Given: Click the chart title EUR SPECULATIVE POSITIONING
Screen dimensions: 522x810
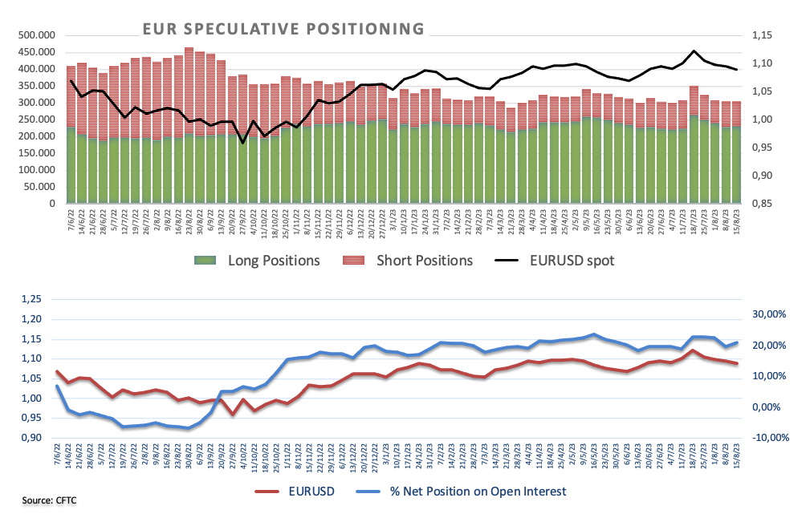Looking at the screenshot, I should [283, 29].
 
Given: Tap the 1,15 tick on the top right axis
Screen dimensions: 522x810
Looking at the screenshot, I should [760, 35].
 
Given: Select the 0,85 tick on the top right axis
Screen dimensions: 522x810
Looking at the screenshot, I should [760, 204].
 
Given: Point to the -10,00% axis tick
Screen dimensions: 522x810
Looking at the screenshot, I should [770, 438].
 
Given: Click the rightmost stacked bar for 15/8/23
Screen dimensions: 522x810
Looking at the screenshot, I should [736, 152].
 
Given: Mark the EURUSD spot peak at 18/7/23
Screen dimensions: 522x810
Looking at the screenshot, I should [694, 51].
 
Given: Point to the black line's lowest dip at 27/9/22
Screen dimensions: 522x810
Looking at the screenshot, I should [242, 143].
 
